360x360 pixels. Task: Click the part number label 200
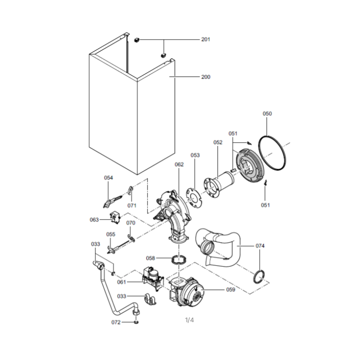tap(206, 77)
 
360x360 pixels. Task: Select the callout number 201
tap(206, 40)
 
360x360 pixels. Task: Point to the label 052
tap(218, 142)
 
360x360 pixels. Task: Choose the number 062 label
tap(179, 164)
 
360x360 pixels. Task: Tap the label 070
tap(130, 223)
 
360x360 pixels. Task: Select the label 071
tap(132, 206)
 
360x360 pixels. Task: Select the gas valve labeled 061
tap(153, 279)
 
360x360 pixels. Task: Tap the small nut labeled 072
tap(136, 322)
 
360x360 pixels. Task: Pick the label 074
tap(260, 246)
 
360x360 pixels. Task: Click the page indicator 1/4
tap(189, 320)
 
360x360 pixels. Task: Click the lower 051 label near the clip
tap(265, 205)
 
